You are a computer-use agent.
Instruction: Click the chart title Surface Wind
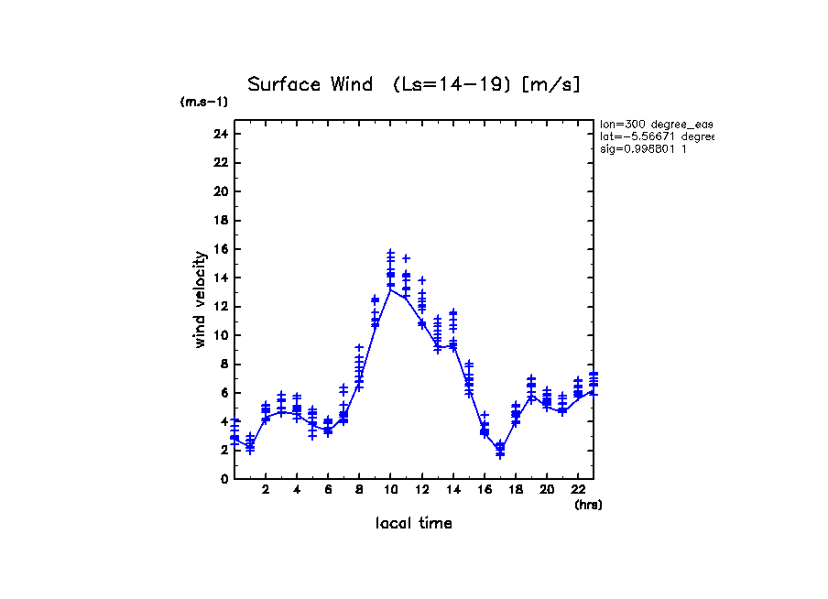[x=414, y=85]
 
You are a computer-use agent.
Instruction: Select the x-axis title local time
[x=414, y=523]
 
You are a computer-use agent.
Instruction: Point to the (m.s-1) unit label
[x=203, y=102]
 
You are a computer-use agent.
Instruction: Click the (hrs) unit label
[x=588, y=505]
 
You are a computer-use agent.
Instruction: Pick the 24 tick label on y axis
[x=220, y=134]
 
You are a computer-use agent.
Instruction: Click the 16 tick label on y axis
[x=220, y=249]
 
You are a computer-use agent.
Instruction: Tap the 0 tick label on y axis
[x=223, y=478]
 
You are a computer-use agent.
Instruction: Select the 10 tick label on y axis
[x=220, y=335]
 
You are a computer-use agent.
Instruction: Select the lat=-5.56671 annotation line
[x=656, y=136]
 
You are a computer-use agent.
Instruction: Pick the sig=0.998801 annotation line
[x=643, y=149]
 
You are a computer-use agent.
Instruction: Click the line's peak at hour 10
[x=391, y=289]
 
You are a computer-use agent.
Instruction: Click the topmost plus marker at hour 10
[x=390, y=252]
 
